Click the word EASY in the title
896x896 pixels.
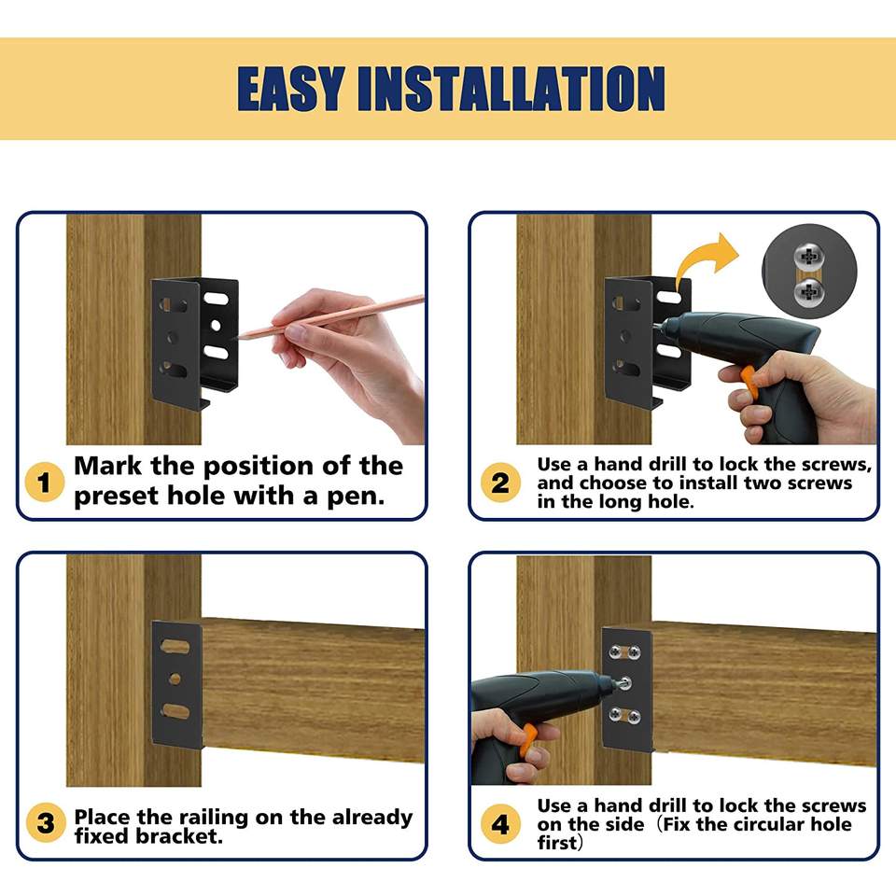pyautogui.click(x=291, y=89)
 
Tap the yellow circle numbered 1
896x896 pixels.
pyautogui.click(x=45, y=482)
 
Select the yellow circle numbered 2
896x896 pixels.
pyautogui.click(x=500, y=483)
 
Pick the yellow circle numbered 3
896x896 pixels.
pyautogui.click(x=46, y=823)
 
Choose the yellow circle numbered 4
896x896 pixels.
pyautogui.click(x=500, y=824)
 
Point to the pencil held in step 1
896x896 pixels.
pyautogui.click(x=330, y=316)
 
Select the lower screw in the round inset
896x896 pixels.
pyautogui.click(x=809, y=292)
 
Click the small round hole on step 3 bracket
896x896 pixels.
pyautogui.click(x=175, y=679)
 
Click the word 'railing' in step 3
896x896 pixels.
pyautogui.click(x=213, y=819)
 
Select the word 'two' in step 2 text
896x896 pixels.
pyautogui.click(x=763, y=483)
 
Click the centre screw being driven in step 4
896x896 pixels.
pyautogui.click(x=624, y=681)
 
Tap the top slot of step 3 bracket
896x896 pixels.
pyautogui.click(x=175, y=647)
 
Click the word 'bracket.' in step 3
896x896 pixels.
pyautogui.click(x=179, y=836)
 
